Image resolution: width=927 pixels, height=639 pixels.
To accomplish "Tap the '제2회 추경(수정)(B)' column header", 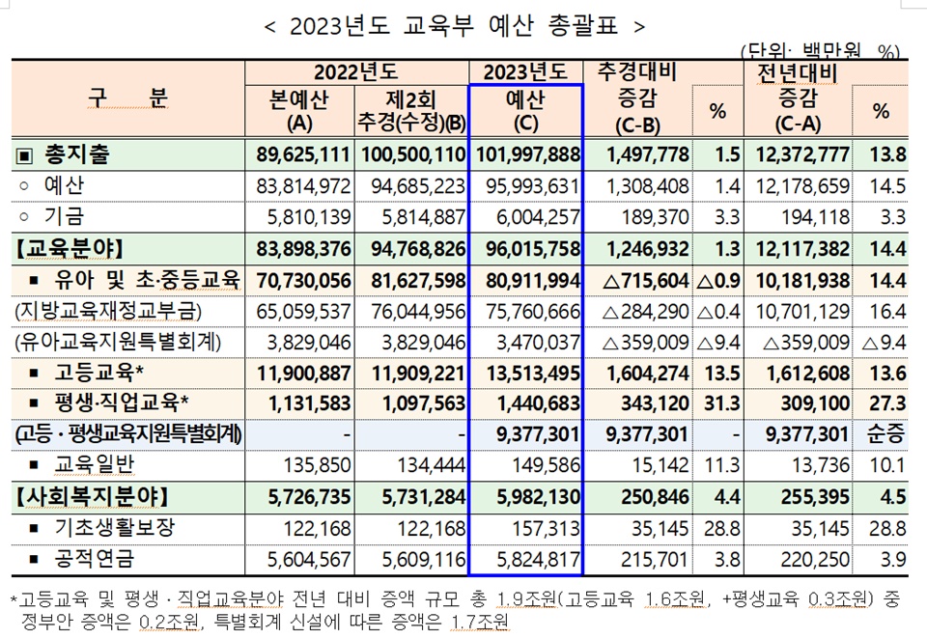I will coord(411,111).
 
